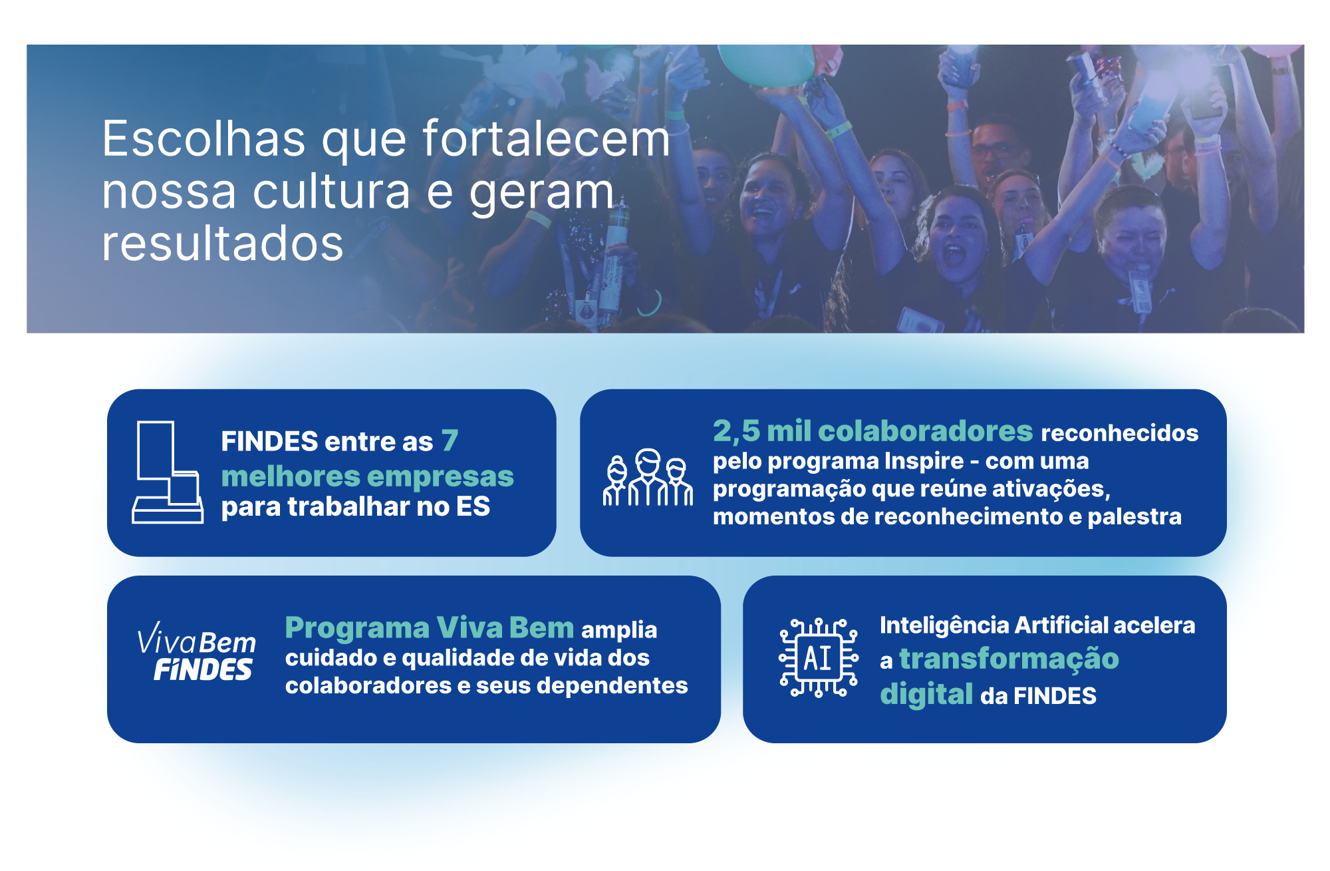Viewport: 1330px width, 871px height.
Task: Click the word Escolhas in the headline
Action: (x=204, y=139)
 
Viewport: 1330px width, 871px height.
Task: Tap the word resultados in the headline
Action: (x=223, y=244)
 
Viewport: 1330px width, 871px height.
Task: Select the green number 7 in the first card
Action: (x=450, y=440)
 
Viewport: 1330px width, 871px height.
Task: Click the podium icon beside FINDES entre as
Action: (x=168, y=472)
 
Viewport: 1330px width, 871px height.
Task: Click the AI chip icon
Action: (x=818, y=657)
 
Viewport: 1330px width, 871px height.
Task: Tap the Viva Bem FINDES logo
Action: (x=196, y=651)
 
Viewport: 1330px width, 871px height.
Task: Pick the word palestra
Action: (x=1134, y=516)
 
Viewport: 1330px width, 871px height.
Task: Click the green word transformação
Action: (x=1009, y=659)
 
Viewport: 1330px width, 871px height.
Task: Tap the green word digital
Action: (x=926, y=694)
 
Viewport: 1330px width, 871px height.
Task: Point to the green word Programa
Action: (x=357, y=628)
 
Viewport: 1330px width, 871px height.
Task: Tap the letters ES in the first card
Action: (x=473, y=507)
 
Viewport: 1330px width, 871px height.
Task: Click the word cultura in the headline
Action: (x=332, y=192)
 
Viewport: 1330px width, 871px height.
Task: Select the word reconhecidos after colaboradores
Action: (x=1119, y=433)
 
